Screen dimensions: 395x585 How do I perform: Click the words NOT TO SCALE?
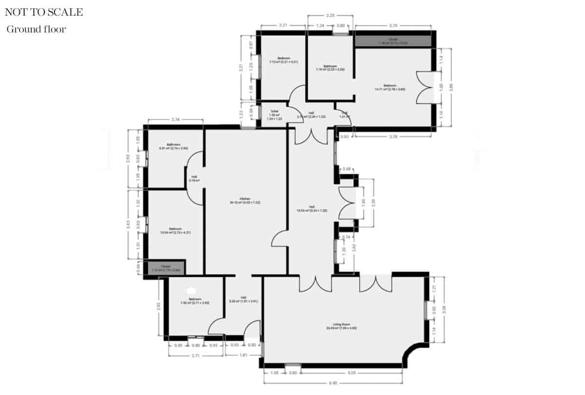pyautogui.click(x=44, y=12)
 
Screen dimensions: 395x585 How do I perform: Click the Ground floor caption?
pyautogui.click(x=36, y=29)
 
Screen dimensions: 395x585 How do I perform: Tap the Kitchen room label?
pyautogui.click(x=245, y=200)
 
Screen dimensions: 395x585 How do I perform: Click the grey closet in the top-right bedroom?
pyautogui.click(x=393, y=41)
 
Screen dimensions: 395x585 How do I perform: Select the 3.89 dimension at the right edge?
pyautogui.click(x=451, y=88)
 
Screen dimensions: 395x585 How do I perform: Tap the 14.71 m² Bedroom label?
pyautogui.click(x=390, y=88)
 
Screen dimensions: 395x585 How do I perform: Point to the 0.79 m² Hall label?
pyautogui.click(x=194, y=179)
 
